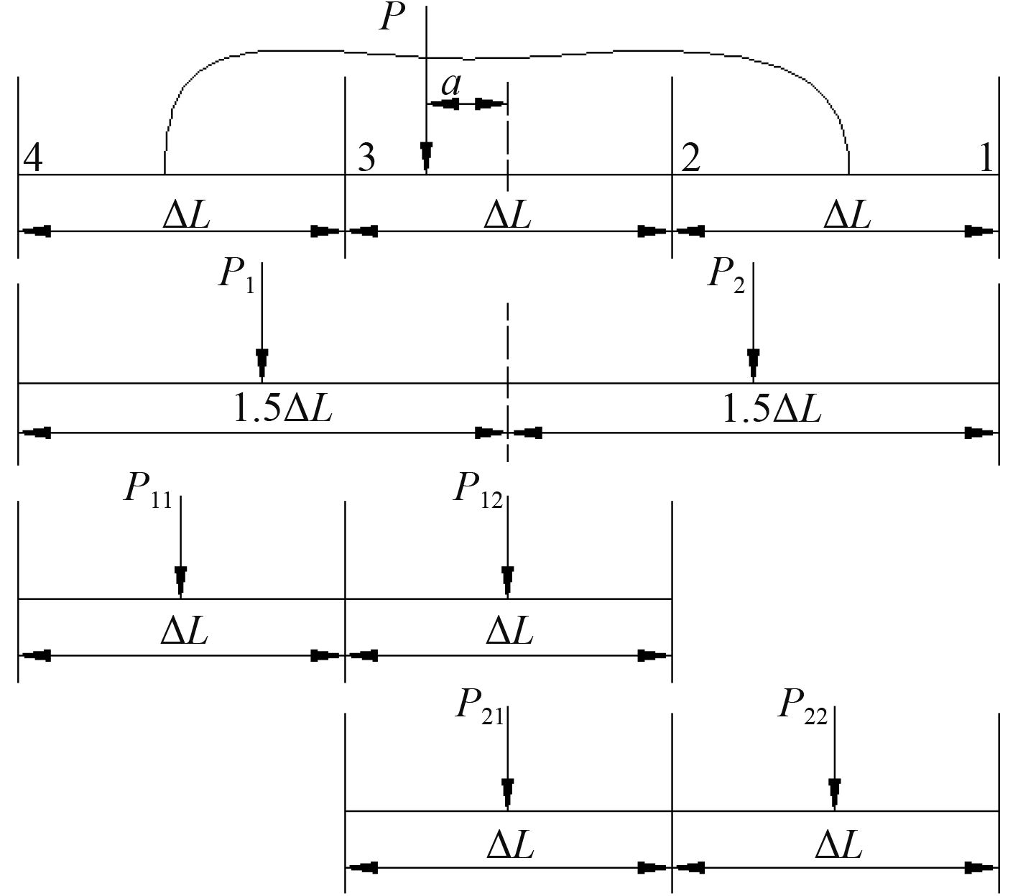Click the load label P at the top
tap(390, 17)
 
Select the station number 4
tap(33, 157)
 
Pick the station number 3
tap(366, 157)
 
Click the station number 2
tap(690, 157)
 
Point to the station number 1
tap(987, 157)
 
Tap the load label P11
tap(148, 490)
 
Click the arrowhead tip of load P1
tap(262, 375)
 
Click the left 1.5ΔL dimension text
tap(283, 410)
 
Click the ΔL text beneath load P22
tap(838, 845)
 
